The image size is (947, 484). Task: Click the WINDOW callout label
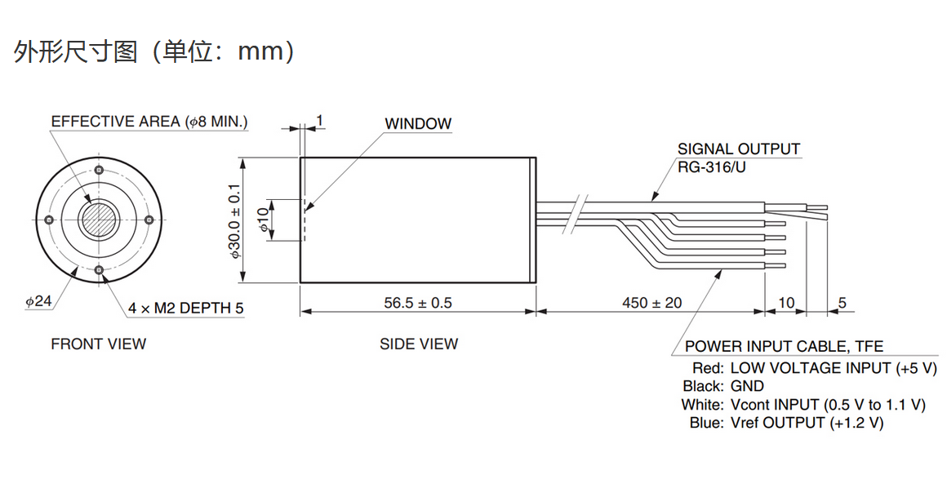[x=418, y=124]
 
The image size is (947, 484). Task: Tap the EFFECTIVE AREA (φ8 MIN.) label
[x=149, y=122]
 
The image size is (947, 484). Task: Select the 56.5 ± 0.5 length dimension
[x=418, y=303]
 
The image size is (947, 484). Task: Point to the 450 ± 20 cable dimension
[x=651, y=303]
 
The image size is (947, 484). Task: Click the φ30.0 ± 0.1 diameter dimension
[x=236, y=220]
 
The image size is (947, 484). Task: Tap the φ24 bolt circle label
[x=38, y=301]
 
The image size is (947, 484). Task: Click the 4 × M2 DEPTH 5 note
[x=185, y=308]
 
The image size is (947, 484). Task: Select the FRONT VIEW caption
[x=99, y=344]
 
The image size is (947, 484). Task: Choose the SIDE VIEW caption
[x=419, y=344]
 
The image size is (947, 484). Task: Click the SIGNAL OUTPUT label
[x=739, y=149]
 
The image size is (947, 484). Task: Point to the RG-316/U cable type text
[x=712, y=167]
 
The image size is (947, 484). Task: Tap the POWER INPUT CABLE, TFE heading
[x=784, y=347]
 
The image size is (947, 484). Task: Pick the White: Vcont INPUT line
[x=803, y=405]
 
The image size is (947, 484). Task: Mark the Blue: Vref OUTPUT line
[x=786, y=423]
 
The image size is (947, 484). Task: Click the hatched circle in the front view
[x=99, y=220]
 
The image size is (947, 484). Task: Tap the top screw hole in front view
[x=99, y=171]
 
